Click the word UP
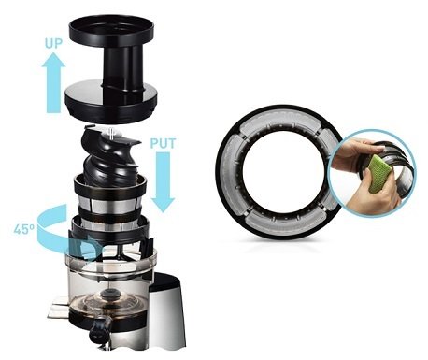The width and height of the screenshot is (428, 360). (53, 43)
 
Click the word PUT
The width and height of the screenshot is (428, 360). (163, 143)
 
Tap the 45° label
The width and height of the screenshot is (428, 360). (23, 229)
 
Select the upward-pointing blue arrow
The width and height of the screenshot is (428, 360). (53, 82)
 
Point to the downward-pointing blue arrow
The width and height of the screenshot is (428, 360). (163, 181)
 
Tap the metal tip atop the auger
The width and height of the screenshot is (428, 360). (111, 133)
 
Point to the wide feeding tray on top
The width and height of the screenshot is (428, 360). (111, 31)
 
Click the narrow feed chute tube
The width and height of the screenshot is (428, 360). (120, 69)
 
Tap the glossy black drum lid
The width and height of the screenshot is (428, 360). (110, 101)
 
